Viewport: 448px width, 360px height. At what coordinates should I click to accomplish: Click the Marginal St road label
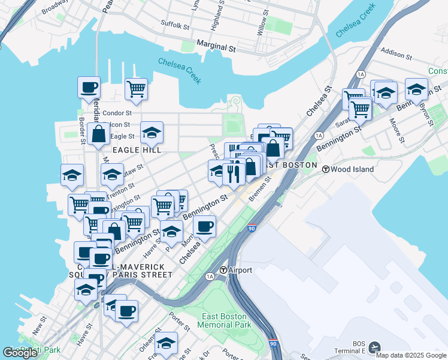pyautogui.click(x=214, y=47)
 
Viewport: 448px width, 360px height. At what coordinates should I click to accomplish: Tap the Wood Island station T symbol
pyautogui.click(x=326, y=169)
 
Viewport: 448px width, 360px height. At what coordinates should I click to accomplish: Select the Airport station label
pyautogui.click(x=240, y=270)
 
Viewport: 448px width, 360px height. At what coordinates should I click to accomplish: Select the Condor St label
pyautogui.click(x=117, y=113)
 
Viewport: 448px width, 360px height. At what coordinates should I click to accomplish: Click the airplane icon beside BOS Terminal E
pyautogui.click(x=375, y=347)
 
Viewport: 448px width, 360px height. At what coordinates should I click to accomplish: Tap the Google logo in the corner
pyautogui.click(x=20, y=353)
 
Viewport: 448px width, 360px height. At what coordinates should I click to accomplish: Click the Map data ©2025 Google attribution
pyautogui.click(x=411, y=355)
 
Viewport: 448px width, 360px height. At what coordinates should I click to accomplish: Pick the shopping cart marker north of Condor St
pyautogui.click(x=137, y=89)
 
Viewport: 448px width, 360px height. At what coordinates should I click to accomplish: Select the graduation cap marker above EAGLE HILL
pyautogui.click(x=152, y=132)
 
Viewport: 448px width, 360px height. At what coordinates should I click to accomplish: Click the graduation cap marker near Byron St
pyautogui.click(x=416, y=89)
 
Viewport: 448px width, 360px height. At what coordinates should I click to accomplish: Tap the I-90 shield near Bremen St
pyautogui.click(x=252, y=229)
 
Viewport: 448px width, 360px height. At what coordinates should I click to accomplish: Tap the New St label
pyautogui.click(x=38, y=328)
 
